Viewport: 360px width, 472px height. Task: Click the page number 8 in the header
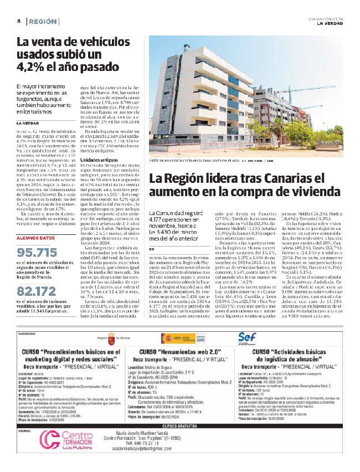(18, 21)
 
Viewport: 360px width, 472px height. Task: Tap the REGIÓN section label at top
(43, 21)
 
